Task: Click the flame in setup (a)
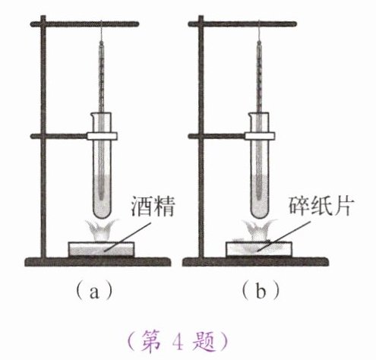[101, 230]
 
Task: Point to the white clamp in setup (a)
[102, 136]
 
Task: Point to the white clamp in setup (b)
[260, 136]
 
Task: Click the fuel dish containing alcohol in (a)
[101, 249]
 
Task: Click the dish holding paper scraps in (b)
[259, 249]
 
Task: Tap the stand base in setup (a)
[98, 262]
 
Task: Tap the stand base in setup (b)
[256, 262]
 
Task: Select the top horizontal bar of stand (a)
[84, 24]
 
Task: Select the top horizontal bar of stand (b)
[242, 24]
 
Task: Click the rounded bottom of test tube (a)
[102, 212]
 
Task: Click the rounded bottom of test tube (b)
[260, 212]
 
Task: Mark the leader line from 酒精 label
[128, 237]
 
